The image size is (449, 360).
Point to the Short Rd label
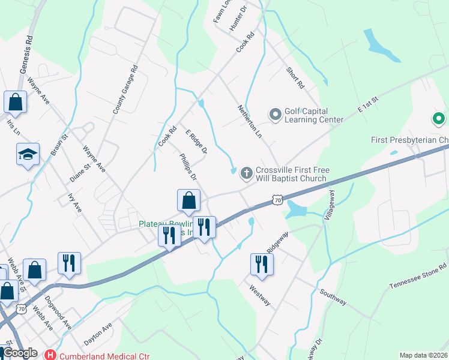point(295,78)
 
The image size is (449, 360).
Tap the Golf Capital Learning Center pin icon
point(276,113)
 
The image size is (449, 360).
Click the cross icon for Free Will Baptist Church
point(246,173)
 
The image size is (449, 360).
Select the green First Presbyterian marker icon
point(439,119)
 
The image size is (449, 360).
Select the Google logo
point(20,353)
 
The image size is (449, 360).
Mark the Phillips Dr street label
point(188,167)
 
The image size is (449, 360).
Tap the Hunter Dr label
point(238,20)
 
